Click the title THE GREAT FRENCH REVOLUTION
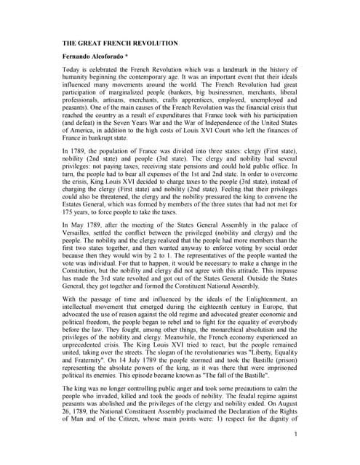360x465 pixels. pos(119,44)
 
